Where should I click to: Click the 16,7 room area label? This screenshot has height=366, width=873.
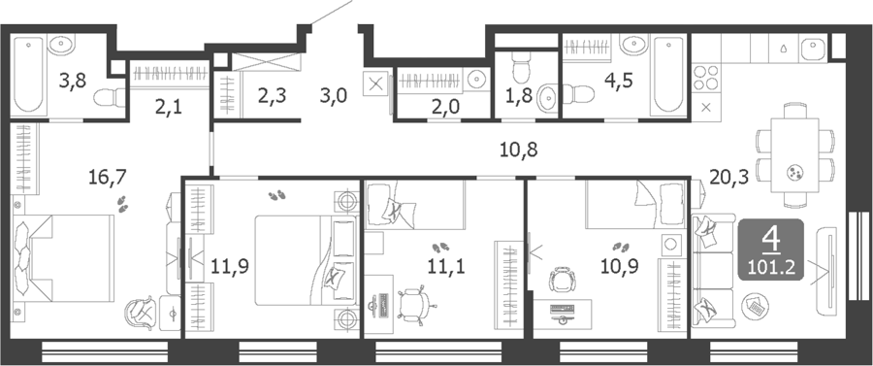click(108, 178)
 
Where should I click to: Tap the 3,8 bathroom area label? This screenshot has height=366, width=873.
click(73, 82)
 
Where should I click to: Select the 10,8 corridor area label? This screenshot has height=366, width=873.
click(518, 150)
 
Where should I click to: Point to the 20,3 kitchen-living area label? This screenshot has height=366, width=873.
click(728, 177)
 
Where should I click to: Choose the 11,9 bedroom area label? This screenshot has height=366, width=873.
click(230, 266)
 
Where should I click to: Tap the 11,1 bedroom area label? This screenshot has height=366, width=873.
click(446, 266)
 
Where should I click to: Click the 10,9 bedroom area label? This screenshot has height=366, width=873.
click(619, 266)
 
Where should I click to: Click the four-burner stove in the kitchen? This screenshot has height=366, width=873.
click(706, 78)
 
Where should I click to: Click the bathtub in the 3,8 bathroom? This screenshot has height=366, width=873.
click(28, 74)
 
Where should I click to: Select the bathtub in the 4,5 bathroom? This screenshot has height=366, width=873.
click(668, 74)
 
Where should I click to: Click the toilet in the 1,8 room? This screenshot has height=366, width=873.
click(522, 66)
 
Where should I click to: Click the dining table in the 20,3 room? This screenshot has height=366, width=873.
click(795, 155)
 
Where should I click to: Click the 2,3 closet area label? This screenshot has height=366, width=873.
click(272, 96)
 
